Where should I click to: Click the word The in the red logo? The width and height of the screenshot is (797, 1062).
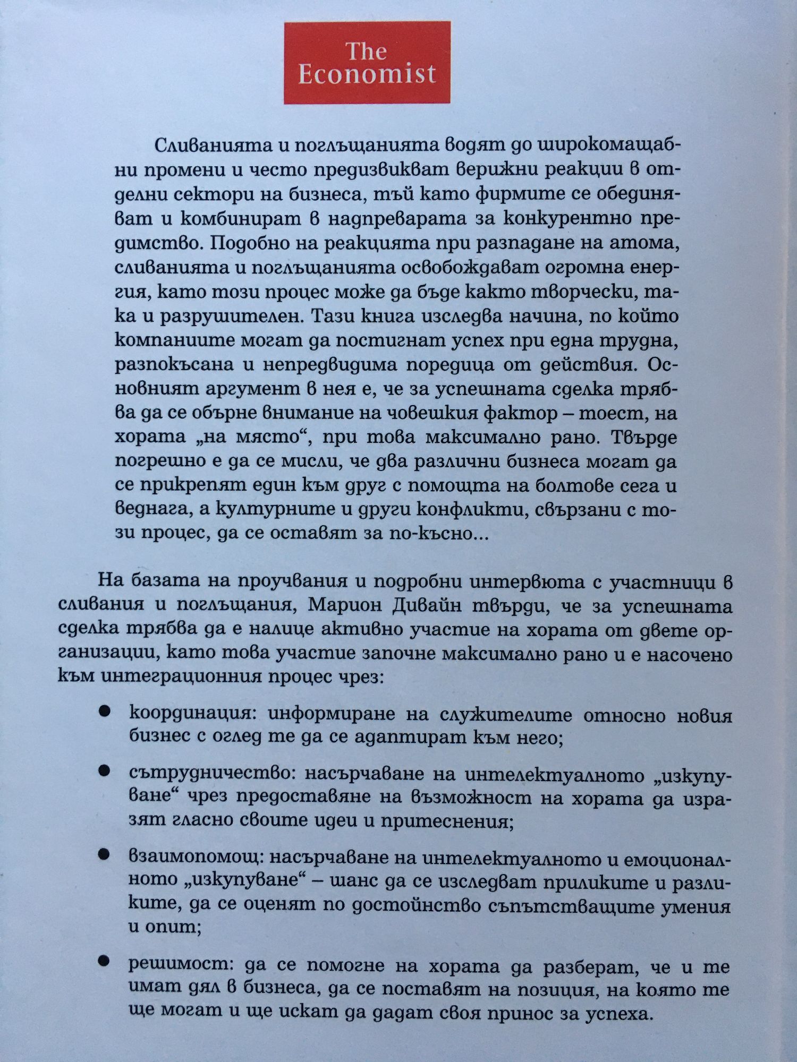pos(366,52)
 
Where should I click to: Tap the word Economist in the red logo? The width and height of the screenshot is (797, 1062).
pos(367,75)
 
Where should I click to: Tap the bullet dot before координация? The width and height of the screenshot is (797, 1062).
pos(104,712)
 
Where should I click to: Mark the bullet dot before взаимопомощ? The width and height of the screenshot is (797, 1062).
pos(104,854)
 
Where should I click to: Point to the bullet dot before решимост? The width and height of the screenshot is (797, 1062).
pos(104,961)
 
